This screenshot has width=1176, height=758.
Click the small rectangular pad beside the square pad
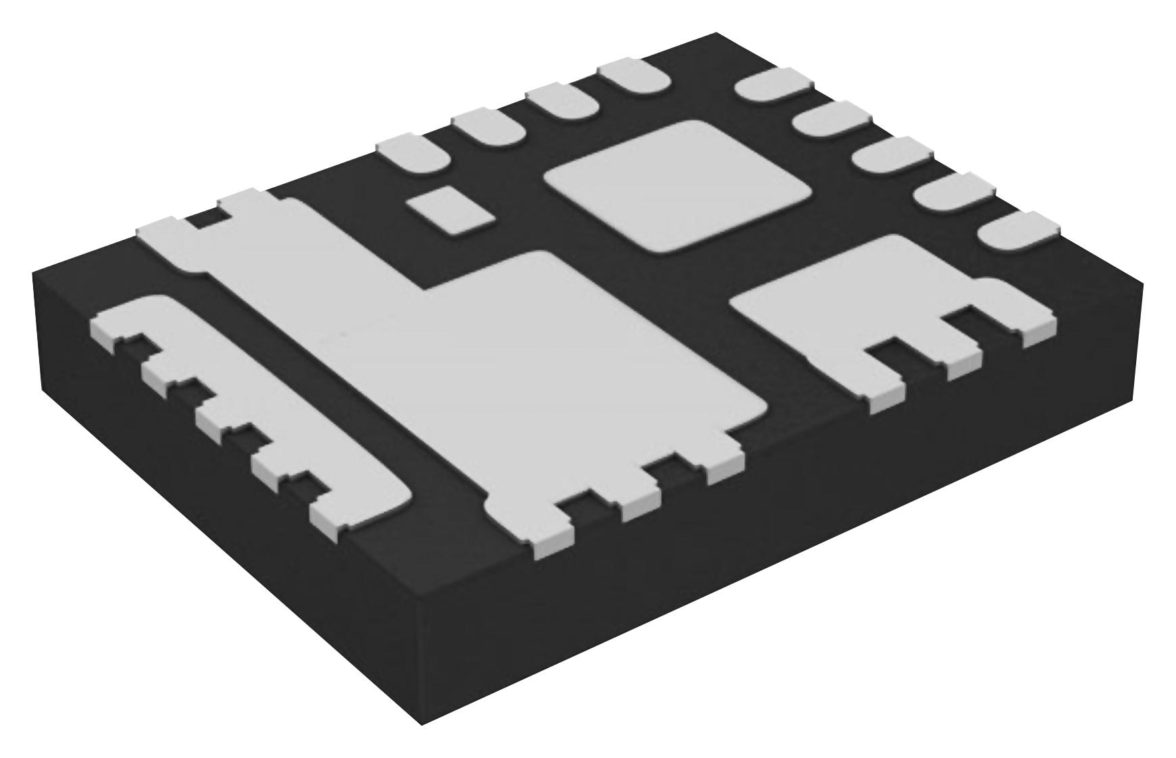(451, 211)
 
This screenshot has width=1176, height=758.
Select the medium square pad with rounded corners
(678, 185)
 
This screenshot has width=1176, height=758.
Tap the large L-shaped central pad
(540, 358)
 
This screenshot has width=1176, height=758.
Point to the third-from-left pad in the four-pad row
(562, 101)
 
